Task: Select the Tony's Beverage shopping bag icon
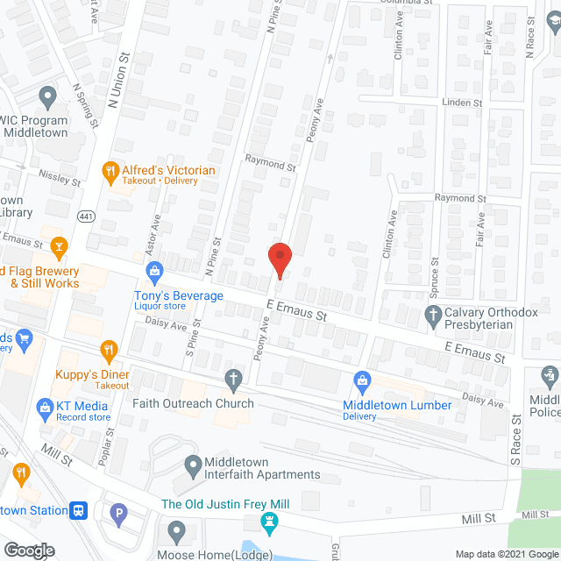point(154,270)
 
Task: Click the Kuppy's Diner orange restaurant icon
point(110,352)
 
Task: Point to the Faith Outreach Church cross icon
point(233,380)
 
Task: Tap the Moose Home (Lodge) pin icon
point(177,530)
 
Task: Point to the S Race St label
point(515,438)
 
